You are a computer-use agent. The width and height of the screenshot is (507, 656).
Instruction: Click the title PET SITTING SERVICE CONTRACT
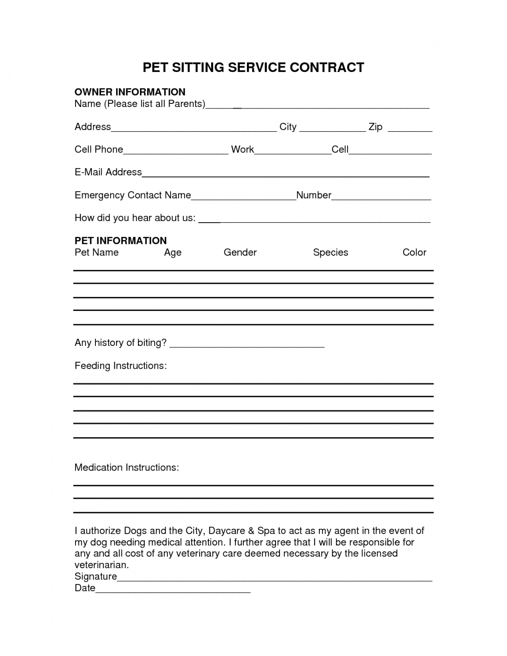coord(253,68)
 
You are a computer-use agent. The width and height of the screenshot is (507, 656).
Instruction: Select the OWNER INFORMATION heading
coord(130,92)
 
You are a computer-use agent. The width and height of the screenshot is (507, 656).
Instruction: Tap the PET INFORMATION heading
coord(121,240)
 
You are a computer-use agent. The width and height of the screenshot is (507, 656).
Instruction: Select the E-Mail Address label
coord(108,172)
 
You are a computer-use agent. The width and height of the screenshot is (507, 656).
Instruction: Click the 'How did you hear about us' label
coord(135,217)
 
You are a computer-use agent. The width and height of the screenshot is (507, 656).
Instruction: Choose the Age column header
coord(173,252)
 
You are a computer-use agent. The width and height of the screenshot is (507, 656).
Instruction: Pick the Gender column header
coord(240,252)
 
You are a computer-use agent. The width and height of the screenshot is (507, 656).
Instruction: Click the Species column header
coord(330,252)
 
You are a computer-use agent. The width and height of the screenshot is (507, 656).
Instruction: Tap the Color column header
coord(414,252)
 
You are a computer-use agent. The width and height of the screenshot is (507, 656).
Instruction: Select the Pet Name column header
coord(96,252)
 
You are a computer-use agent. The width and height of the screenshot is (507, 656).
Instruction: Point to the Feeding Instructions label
coord(121,366)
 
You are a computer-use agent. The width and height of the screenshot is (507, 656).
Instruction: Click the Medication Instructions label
coord(127,467)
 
